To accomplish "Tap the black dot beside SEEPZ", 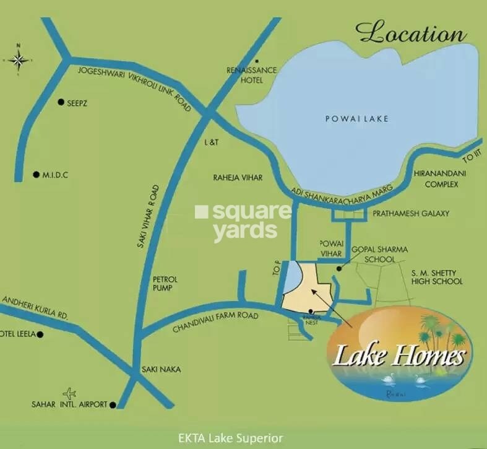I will [x=61, y=102].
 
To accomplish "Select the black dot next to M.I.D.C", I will [x=36, y=175].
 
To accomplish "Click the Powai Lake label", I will [x=357, y=118].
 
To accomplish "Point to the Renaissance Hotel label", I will [x=252, y=75].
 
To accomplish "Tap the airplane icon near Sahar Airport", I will [x=70, y=393].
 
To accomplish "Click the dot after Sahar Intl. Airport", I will [x=113, y=404].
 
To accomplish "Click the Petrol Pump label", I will [x=165, y=283].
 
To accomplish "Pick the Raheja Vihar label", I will [x=238, y=178].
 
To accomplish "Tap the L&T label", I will [x=212, y=142].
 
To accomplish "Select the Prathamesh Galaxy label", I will [x=411, y=213].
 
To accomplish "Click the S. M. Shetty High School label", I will [x=437, y=277].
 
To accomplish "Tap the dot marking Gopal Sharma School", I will [x=338, y=269].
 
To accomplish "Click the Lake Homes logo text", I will [x=399, y=356].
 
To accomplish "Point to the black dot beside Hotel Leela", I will [x=40, y=334].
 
